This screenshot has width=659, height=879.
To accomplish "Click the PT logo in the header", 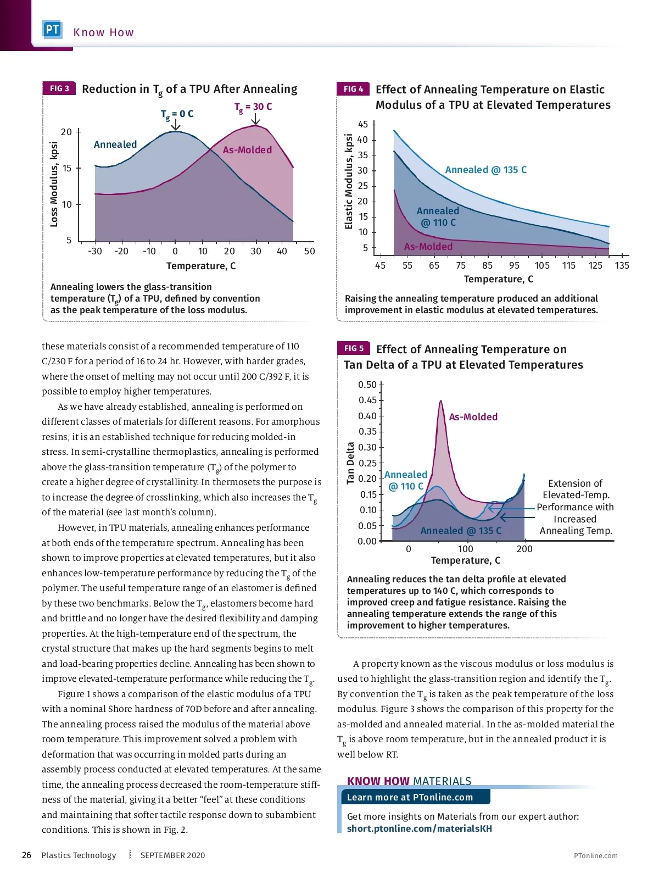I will [x=52, y=30].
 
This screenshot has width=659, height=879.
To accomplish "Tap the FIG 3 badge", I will [x=59, y=88].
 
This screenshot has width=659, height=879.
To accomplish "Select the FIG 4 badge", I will [x=353, y=89].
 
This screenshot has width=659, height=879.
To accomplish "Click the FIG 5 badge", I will [x=354, y=348].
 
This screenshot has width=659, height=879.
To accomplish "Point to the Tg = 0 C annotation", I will [x=177, y=114].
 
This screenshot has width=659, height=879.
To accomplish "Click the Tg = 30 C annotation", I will [x=253, y=107].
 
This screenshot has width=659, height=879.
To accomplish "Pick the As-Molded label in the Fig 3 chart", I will [x=247, y=150].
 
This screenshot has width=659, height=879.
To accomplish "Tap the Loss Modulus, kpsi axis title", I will [x=54, y=185].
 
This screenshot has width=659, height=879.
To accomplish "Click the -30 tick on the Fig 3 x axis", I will [x=95, y=251].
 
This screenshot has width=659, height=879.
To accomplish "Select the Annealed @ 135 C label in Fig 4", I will [x=485, y=170].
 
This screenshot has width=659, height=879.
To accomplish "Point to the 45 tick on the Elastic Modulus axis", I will [x=363, y=125].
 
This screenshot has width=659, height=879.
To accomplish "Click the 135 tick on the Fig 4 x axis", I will [x=622, y=266].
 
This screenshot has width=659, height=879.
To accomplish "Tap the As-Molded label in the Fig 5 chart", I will [x=473, y=417].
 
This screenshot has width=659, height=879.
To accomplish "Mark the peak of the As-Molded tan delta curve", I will [x=441, y=401].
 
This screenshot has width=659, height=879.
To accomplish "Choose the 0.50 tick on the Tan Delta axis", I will [x=367, y=385].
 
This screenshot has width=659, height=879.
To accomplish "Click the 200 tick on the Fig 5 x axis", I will [x=524, y=549].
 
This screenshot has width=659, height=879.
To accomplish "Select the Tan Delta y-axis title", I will [x=350, y=463].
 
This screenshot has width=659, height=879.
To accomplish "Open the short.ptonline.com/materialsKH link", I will [x=419, y=828].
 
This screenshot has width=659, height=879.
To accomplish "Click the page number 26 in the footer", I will [x=26, y=855].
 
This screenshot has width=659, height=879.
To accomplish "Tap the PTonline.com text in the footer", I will [x=595, y=855].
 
